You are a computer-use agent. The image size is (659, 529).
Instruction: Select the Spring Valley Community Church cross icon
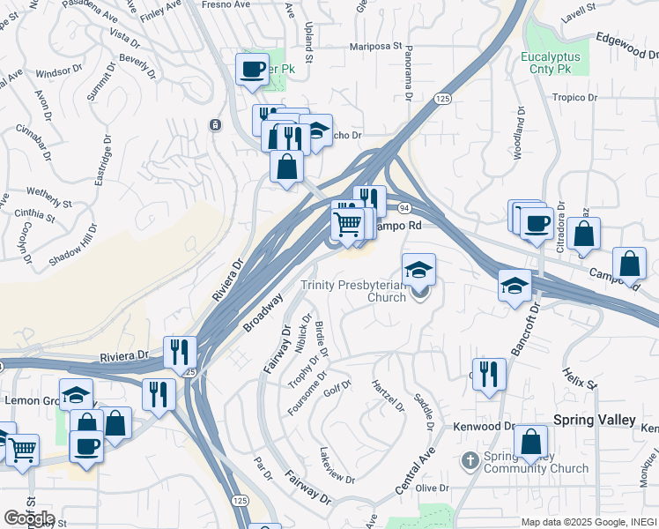(470, 459)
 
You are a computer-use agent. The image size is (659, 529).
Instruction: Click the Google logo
(28, 518)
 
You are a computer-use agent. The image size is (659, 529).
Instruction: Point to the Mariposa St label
(374, 46)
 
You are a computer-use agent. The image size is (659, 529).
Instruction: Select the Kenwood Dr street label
(484, 427)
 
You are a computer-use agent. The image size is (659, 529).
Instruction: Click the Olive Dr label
(433, 488)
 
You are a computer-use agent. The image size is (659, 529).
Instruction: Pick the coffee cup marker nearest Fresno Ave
(252, 69)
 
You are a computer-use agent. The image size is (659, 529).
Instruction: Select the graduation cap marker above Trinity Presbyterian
(418, 268)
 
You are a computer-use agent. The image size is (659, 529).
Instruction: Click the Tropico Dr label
(574, 98)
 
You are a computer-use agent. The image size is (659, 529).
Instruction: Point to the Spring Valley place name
(594, 420)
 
